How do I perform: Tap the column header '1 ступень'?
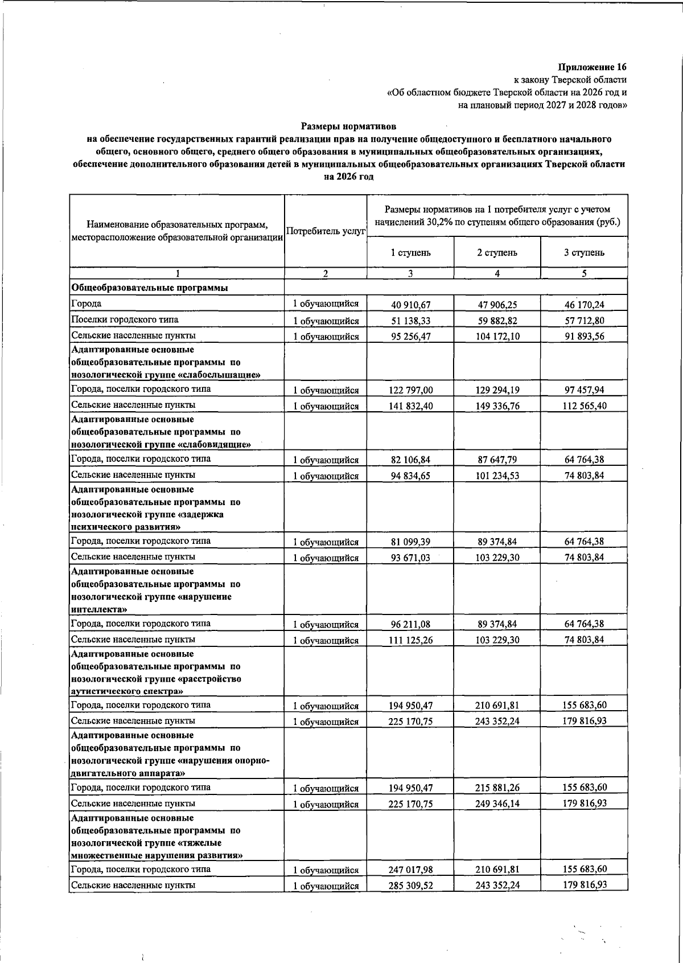coord(410,253)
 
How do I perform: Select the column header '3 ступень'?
coord(584,253)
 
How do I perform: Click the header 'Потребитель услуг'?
coord(326,232)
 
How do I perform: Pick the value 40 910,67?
coord(410,305)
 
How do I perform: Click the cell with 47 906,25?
coord(497,305)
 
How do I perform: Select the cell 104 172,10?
coord(497,337)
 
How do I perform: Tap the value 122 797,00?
coord(410,391)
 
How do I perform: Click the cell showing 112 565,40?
coord(584,406)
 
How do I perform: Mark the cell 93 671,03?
coord(410,558)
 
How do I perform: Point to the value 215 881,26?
coord(497,788)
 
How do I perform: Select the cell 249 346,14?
coord(497,804)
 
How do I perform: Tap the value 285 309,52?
coord(410,886)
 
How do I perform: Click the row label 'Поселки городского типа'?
coord(125,319)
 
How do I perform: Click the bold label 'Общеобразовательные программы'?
coord(149,288)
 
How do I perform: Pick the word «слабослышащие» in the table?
coord(225,375)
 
